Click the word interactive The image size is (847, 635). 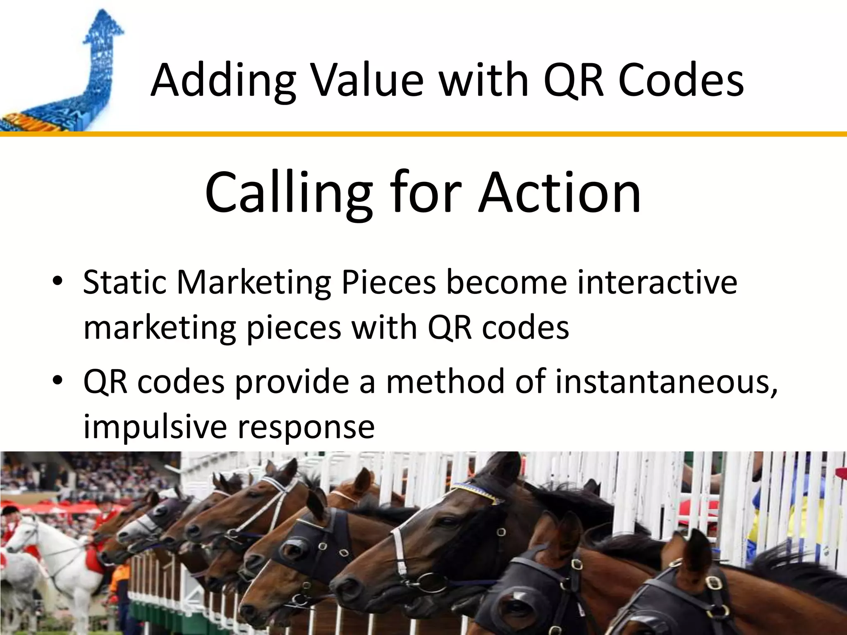click(x=657, y=283)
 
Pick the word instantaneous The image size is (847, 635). click(x=666, y=381)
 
